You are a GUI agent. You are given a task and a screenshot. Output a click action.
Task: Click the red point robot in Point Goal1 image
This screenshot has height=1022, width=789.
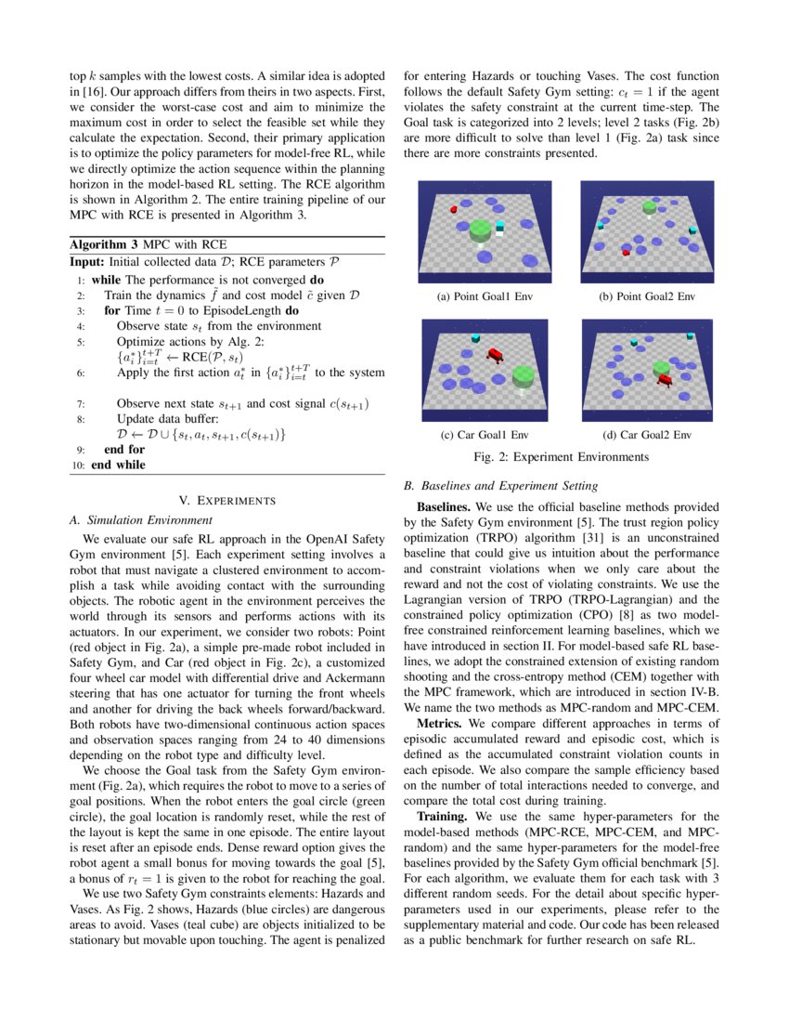[x=454, y=209]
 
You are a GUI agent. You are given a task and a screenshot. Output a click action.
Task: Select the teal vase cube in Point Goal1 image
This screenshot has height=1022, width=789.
[x=500, y=227]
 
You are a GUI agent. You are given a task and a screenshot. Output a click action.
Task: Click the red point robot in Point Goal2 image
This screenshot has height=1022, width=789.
[x=627, y=252]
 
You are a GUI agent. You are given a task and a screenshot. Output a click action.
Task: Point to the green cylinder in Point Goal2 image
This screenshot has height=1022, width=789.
[x=649, y=207]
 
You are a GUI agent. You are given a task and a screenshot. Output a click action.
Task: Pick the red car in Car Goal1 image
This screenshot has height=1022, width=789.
[x=496, y=355]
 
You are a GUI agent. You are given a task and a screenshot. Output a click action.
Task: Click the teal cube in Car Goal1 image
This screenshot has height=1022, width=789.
[x=476, y=337]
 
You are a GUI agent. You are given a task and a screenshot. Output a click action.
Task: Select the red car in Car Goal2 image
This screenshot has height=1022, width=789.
[x=666, y=379]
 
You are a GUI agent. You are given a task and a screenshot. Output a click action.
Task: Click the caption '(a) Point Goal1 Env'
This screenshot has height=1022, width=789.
[x=485, y=296]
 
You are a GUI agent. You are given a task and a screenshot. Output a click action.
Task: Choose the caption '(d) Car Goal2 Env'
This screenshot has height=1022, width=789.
[x=647, y=435]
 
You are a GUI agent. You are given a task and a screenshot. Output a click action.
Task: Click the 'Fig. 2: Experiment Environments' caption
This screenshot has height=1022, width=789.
[x=562, y=457]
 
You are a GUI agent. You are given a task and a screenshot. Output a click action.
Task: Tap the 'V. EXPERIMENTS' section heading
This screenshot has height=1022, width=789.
[x=227, y=501]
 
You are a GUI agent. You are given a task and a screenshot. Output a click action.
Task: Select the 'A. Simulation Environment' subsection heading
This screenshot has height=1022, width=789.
[x=140, y=520]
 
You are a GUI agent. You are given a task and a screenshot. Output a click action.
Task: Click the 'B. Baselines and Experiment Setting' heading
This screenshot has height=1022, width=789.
[x=500, y=486]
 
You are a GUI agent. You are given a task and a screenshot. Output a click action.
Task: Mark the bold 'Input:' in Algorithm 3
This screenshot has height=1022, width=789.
[x=87, y=262]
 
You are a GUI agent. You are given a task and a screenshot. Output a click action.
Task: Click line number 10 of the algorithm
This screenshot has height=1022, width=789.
[x=79, y=465]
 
